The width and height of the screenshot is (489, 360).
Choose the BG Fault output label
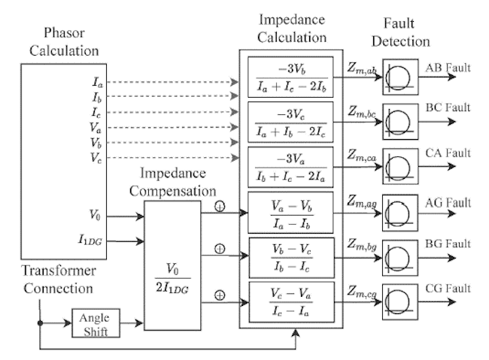pos(448,244)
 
